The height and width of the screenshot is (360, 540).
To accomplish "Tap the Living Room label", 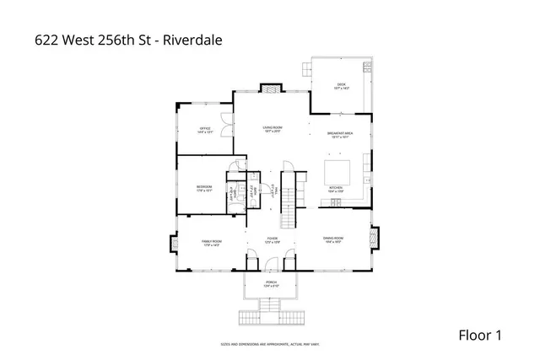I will click(271, 129).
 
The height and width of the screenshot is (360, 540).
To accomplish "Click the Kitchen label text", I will click(334, 189).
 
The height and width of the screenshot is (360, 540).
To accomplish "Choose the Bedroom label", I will click(204, 188).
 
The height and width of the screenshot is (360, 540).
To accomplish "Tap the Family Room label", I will click(210, 243).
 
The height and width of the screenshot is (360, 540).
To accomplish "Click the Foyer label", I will click(272, 240).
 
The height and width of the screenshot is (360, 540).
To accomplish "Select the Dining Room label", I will click(332, 240).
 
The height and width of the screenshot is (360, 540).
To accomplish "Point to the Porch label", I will click(271, 283).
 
